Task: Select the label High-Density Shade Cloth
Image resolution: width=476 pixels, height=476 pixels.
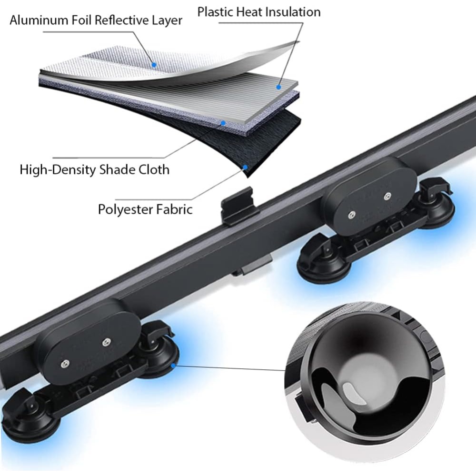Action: click(x=94, y=169)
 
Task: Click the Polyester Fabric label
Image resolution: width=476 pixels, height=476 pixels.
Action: click(x=145, y=209)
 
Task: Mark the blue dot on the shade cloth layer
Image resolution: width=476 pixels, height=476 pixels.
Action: click(x=223, y=123)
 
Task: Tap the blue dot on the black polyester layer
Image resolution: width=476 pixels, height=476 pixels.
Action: click(x=245, y=167)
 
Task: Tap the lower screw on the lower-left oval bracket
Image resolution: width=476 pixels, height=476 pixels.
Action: click(x=63, y=364)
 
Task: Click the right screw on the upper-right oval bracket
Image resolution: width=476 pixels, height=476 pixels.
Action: click(x=388, y=195)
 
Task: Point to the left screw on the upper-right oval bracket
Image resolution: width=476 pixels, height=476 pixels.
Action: click(x=350, y=216)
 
